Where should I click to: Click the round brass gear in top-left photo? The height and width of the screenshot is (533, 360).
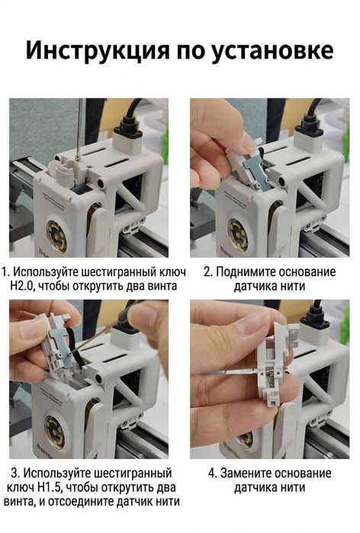[58, 233]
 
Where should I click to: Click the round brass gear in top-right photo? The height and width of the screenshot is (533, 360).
[239, 234]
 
